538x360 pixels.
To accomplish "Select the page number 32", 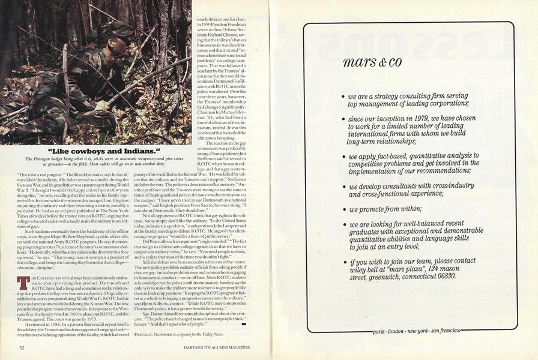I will click(x=22, y=347).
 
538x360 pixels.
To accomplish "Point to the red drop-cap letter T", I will click(x=22, y=283).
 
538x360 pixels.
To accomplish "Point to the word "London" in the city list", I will click(x=402, y=331).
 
